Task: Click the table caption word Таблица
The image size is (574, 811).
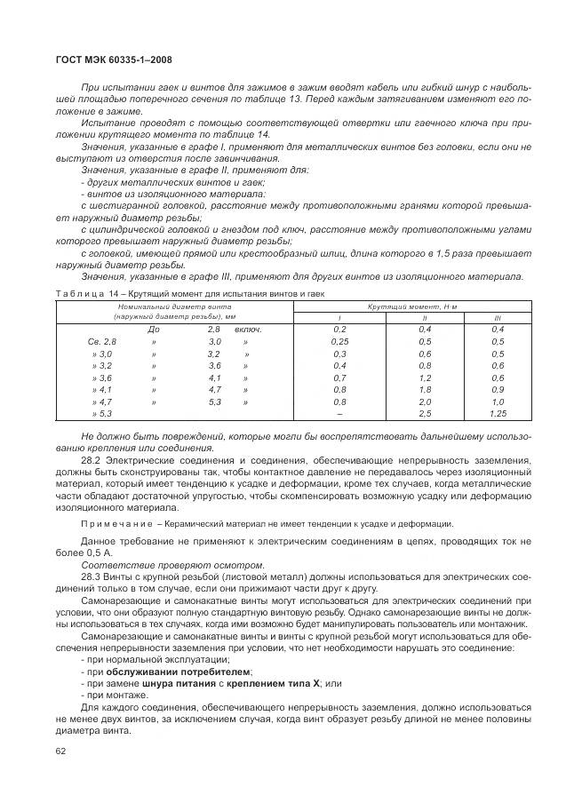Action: [81, 293]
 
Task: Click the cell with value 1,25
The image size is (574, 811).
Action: [497, 413]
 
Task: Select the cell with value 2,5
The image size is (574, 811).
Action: [423, 413]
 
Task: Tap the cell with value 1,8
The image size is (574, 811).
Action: [423, 389]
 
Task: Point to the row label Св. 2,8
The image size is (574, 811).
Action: [101, 341]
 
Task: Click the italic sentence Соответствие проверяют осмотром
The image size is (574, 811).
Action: [172, 565]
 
